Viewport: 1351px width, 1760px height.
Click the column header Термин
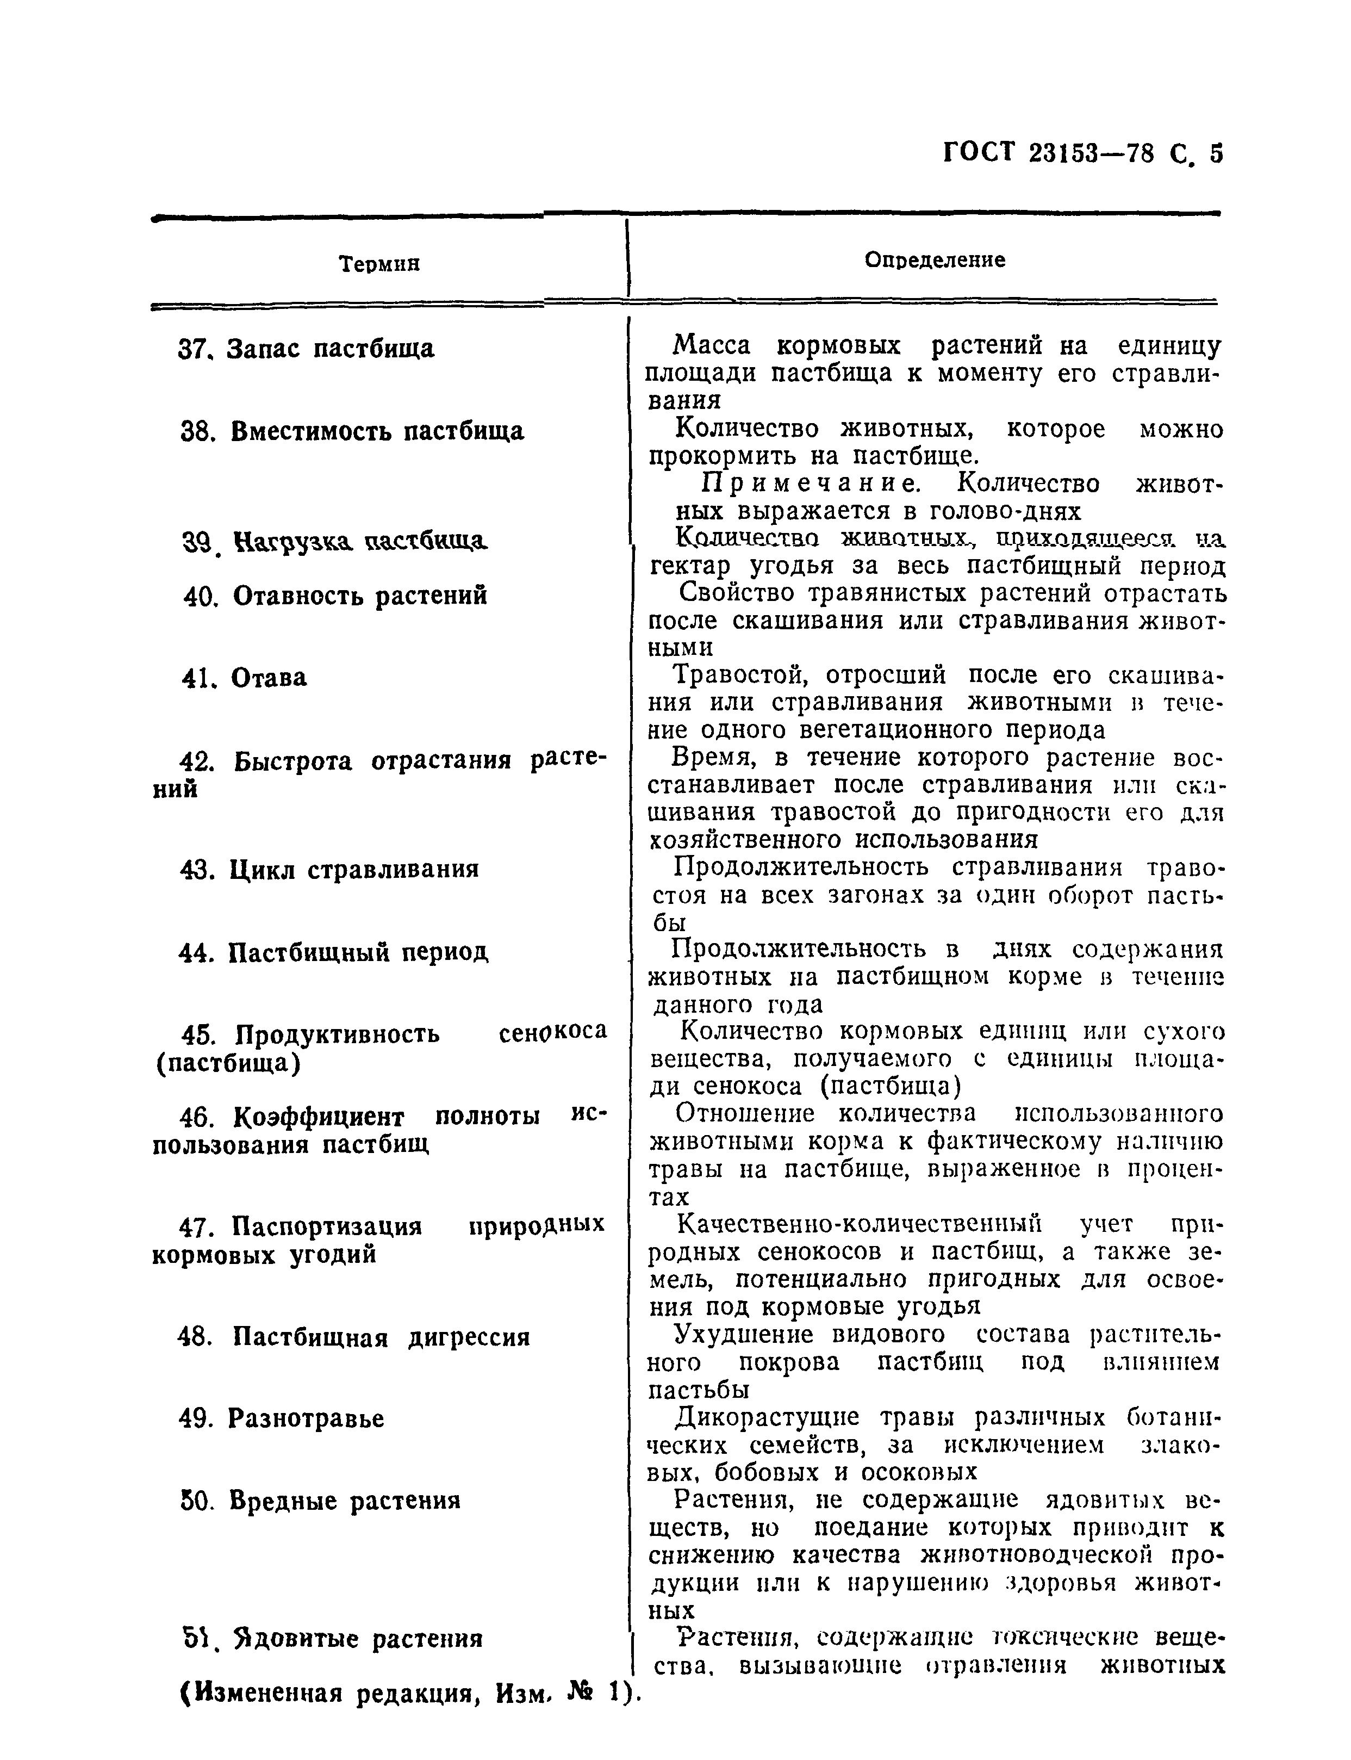click(x=379, y=264)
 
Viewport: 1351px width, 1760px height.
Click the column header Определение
click(x=935, y=260)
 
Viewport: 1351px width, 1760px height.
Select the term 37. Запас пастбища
click(x=306, y=349)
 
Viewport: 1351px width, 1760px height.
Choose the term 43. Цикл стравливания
click(x=329, y=870)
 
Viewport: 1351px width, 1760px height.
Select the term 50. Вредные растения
click(x=321, y=1501)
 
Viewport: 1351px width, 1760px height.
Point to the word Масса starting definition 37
click(x=711, y=346)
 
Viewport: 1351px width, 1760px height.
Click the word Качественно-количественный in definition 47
click(x=859, y=1224)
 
